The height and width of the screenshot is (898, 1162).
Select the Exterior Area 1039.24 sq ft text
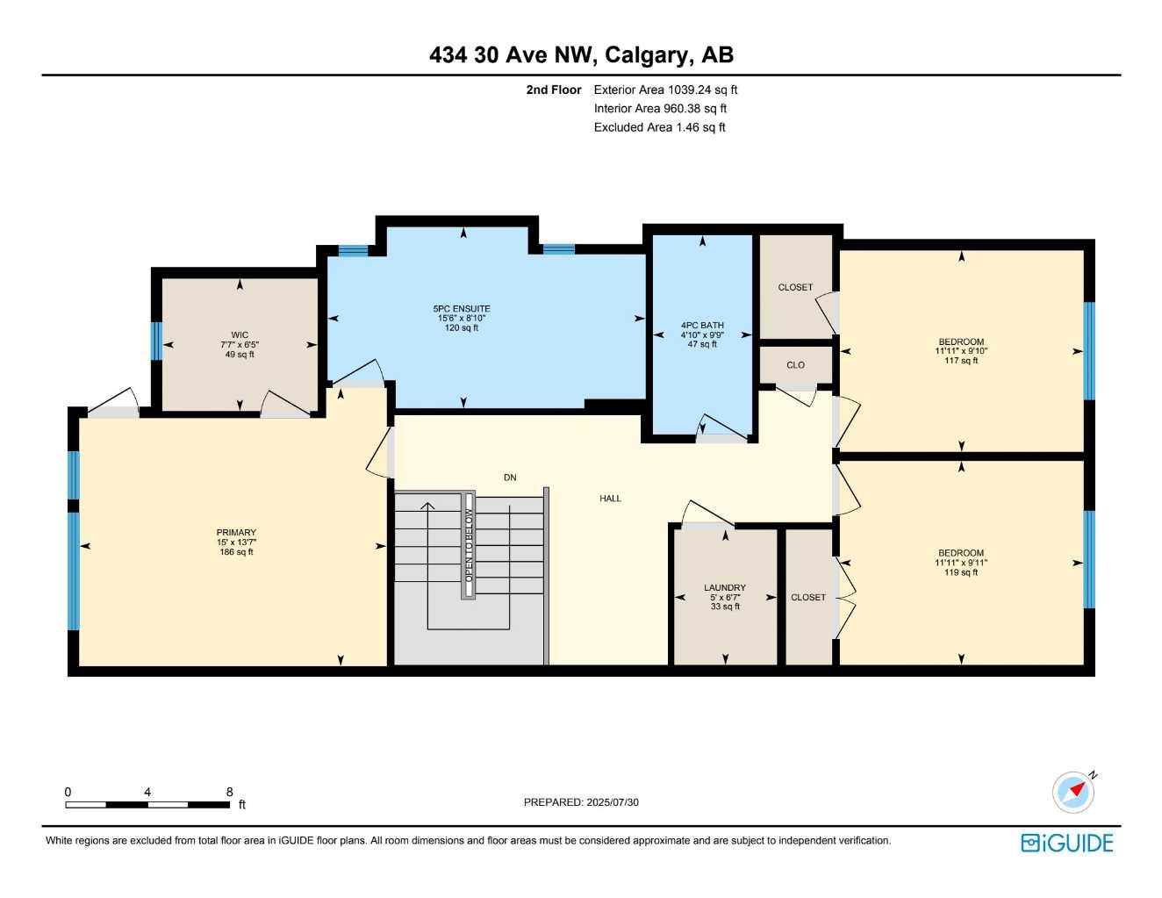[665, 90]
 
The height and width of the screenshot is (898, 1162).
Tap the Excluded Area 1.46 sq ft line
[659, 127]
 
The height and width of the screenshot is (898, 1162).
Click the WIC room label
[240, 334]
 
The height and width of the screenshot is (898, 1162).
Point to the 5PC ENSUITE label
[462, 308]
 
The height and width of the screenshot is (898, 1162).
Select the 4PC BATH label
[702, 325]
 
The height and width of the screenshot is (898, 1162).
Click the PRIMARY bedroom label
[236, 533]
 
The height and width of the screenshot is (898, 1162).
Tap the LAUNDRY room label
[725, 587]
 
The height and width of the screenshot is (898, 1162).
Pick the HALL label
[610, 499]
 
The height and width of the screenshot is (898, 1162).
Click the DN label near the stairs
[510, 478]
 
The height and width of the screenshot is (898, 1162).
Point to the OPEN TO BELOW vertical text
[469, 545]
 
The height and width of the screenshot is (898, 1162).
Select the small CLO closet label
[795, 365]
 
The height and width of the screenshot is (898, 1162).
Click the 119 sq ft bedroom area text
[961, 573]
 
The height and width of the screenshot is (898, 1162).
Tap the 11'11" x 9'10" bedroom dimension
[961, 351]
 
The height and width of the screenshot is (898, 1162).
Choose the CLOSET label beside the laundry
[808, 597]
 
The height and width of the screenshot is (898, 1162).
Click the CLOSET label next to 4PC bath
[795, 287]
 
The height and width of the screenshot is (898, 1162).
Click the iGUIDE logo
[1067, 843]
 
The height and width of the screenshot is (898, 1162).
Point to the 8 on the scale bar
[230, 792]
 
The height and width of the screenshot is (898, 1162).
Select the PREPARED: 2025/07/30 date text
[581, 802]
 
